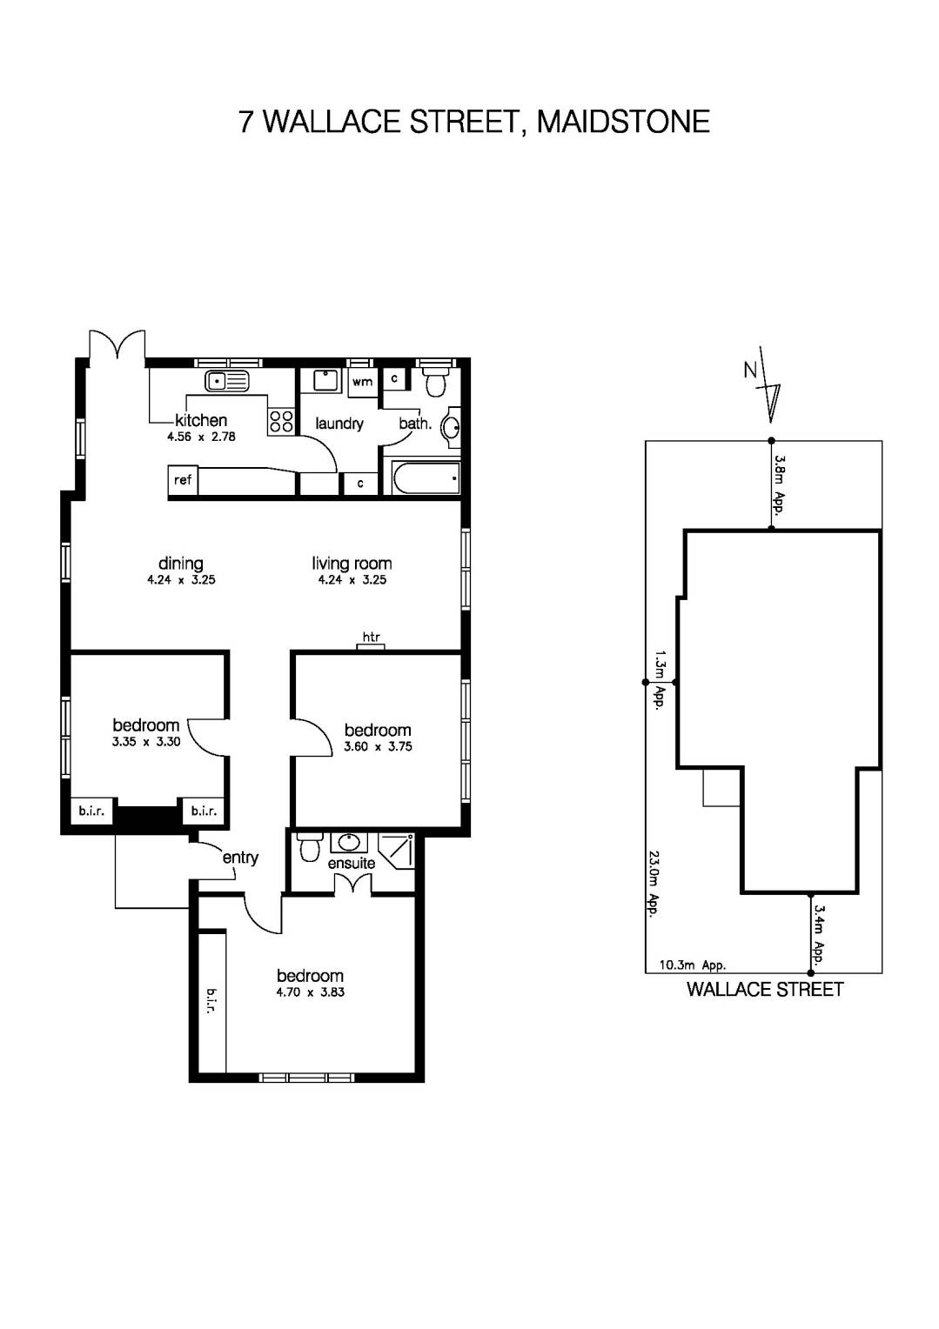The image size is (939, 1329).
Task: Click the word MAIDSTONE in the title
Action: click(x=623, y=122)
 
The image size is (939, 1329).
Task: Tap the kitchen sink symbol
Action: click(x=226, y=381)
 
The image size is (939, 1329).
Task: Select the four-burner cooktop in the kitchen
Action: click(x=281, y=422)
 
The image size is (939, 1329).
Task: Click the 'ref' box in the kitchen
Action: click(x=183, y=480)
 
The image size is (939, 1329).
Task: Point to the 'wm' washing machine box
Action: click(x=363, y=382)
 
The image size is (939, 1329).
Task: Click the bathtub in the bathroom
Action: click(x=426, y=478)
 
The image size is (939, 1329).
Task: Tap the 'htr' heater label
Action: click(x=372, y=638)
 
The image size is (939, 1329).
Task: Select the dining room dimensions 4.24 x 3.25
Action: click(x=181, y=579)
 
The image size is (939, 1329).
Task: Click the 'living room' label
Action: click(x=352, y=564)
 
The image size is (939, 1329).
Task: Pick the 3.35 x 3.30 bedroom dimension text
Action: click(x=146, y=742)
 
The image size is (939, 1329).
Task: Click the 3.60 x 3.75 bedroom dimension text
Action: click(x=378, y=746)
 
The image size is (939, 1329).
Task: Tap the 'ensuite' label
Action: click(x=352, y=863)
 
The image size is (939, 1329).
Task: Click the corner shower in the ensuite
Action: click(x=398, y=850)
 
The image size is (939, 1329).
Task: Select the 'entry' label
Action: click(x=240, y=858)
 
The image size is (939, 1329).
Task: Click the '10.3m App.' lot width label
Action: click(x=693, y=965)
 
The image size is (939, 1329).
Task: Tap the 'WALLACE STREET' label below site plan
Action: click(x=765, y=989)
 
